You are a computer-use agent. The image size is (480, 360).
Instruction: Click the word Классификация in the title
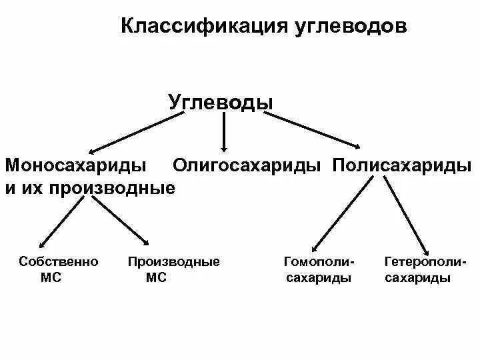(x=204, y=26)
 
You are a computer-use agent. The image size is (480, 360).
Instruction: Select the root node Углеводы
(x=221, y=103)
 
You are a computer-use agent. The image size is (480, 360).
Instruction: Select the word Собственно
(x=59, y=261)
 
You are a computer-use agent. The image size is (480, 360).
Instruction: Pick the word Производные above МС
(x=173, y=261)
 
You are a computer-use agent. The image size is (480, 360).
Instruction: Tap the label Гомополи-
(x=319, y=261)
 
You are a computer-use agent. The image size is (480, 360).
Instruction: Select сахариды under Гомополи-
(x=319, y=278)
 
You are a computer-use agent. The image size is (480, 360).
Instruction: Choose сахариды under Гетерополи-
(x=418, y=278)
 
